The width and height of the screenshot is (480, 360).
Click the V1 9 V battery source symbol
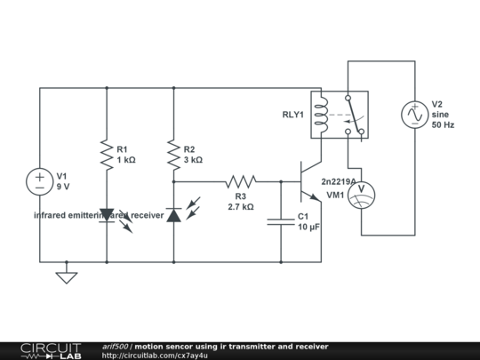40,181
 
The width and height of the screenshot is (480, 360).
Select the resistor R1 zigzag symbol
107,155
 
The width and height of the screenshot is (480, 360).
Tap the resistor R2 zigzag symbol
173,155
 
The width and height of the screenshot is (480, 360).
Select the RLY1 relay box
338,115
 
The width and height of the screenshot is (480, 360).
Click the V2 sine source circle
413,115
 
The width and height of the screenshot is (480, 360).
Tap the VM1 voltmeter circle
361,195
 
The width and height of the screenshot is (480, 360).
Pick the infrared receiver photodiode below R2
174,214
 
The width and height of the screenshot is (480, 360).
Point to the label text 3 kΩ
193,160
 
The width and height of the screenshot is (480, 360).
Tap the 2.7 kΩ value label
241,206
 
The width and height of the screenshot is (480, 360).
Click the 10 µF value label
309,228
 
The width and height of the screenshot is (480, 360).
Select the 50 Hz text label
443,125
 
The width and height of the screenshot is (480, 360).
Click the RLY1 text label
292,115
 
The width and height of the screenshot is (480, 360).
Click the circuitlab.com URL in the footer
156,356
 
